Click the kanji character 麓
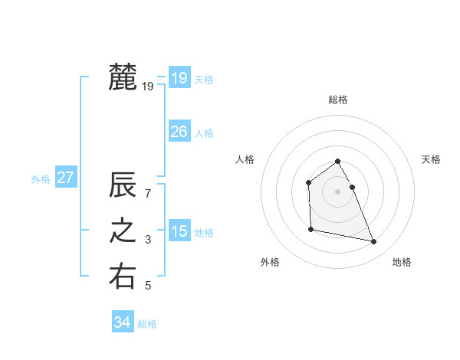point(123,77)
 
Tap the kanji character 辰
point(123,186)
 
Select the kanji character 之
point(123,231)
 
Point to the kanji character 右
point(123,277)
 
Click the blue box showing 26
point(179,132)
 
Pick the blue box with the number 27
point(65,178)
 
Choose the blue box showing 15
point(179,231)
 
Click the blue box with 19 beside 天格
point(179,77)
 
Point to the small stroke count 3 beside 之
point(148,240)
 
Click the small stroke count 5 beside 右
point(148,286)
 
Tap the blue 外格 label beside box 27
point(41,179)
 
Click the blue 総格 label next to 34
point(147,324)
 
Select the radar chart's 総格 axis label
point(338,100)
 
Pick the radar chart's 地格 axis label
point(402,263)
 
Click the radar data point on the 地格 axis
point(374,242)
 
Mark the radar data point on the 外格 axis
point(310,229)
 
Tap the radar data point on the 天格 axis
point(352,187)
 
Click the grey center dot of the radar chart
point(338,191)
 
